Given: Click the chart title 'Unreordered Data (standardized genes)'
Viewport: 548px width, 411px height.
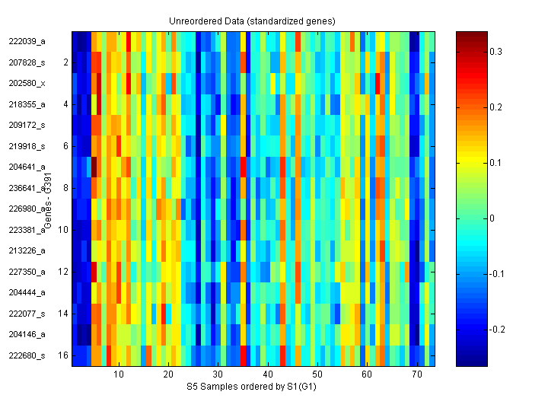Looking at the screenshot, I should coord(252,21).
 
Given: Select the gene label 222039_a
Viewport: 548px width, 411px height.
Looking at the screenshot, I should coord(27,41).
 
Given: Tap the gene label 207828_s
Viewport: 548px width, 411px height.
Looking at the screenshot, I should coord(27,62).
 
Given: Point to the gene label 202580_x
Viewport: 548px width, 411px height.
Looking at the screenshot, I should coord(27,83).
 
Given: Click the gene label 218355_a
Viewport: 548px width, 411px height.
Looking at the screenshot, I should coord(27,104).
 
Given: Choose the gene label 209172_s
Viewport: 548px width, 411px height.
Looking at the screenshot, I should coord(27,125).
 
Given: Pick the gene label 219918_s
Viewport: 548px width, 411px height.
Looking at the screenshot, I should coord(27,146).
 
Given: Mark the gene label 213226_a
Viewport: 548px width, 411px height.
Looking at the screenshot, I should coord(27,250).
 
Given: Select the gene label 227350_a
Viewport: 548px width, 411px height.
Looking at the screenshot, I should coord(27,272).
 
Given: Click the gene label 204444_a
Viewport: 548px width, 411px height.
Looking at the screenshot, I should coord(27,292).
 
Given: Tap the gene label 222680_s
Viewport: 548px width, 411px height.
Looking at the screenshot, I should coord(27,355).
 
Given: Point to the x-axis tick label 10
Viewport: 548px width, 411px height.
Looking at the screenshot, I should coord(118,376).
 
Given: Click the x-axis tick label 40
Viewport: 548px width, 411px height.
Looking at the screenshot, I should coord(267,376).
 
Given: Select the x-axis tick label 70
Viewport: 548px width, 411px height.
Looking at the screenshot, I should coord(416,376).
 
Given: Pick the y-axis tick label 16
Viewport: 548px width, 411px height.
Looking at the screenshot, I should coord(64,355).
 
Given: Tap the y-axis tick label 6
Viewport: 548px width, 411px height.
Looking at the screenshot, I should coord(65,146).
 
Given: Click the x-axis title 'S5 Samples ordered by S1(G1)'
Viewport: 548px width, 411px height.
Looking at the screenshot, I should coord(253,387).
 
